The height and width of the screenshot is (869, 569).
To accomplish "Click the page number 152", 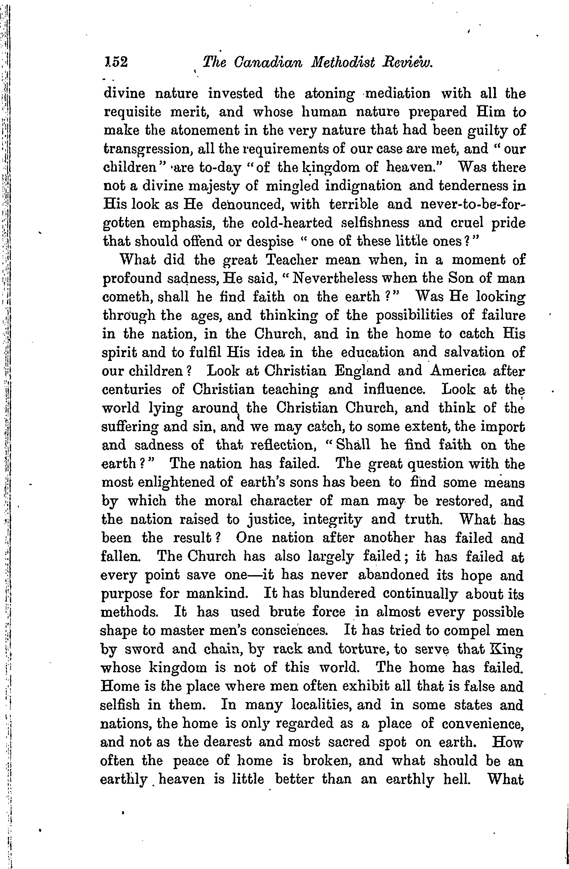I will tap(116, 63).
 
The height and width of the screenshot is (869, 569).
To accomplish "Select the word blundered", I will tap(343, 593).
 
